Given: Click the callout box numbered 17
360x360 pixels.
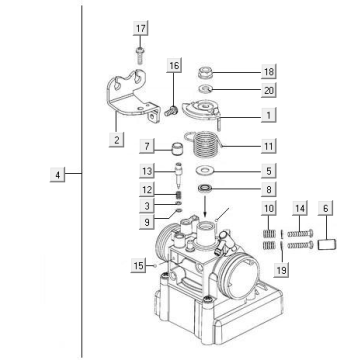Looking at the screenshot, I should point(140,27).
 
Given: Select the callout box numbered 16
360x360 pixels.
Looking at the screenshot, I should point(175,66).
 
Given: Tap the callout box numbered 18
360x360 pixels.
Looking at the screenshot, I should point(240,73).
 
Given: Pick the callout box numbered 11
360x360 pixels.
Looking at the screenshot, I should point(240,145).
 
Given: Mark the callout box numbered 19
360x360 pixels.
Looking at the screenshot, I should point(281,270).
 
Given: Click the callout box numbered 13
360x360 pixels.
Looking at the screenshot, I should point(147,169).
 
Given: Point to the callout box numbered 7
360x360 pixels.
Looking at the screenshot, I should point(147,146).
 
